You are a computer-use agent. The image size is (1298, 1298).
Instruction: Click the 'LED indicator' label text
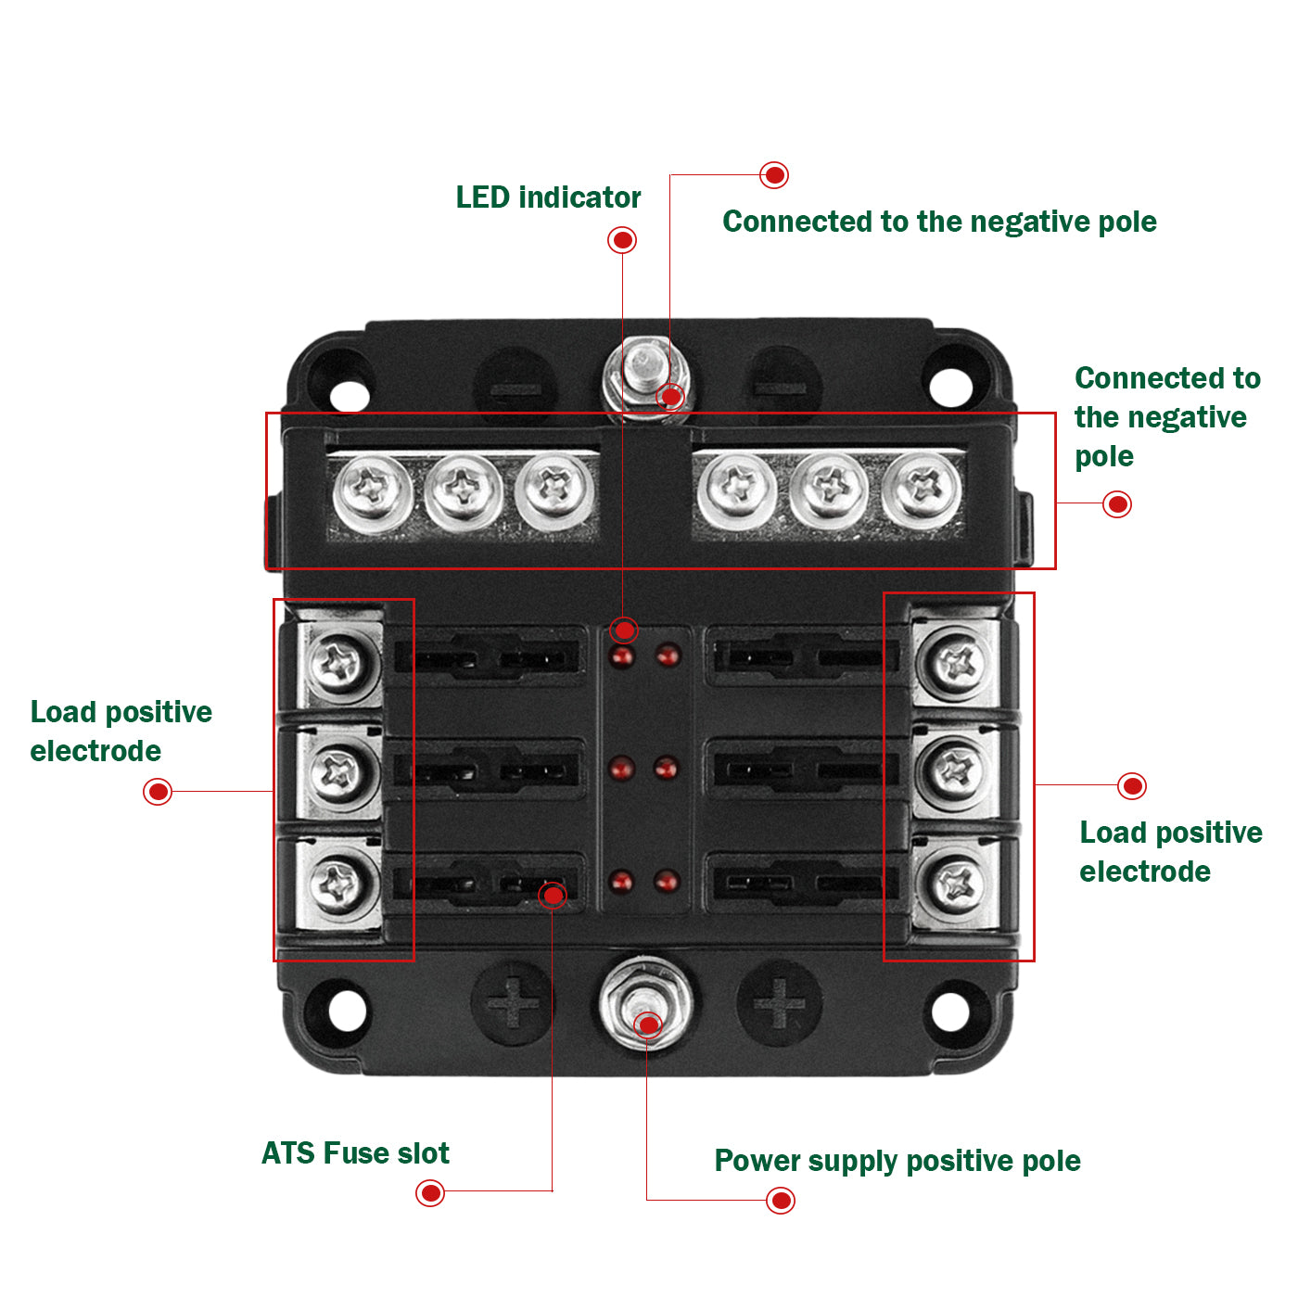point(548,197)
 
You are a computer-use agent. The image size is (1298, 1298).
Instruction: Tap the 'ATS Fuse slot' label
point(355,1153)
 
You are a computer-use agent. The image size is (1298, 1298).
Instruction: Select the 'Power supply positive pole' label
point(897,1161)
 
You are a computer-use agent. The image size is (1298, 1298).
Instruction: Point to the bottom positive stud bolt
point(645,1007)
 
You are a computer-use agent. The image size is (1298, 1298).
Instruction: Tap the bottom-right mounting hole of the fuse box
point(950,1011)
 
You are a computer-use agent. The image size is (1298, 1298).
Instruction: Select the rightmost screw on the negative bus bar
point(923,489)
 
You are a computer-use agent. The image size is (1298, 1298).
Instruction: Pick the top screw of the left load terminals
point(340,662)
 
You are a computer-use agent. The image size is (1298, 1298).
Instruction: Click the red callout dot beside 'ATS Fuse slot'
point(430,1192)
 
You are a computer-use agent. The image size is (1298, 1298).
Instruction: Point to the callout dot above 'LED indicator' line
point(622,240)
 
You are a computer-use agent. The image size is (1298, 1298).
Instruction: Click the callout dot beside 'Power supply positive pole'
point(782,1201)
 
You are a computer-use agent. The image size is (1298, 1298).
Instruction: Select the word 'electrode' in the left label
point(95,751)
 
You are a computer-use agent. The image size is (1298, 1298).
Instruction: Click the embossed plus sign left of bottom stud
point(513,1004)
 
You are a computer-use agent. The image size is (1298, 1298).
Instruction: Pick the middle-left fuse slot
point(489,770)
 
